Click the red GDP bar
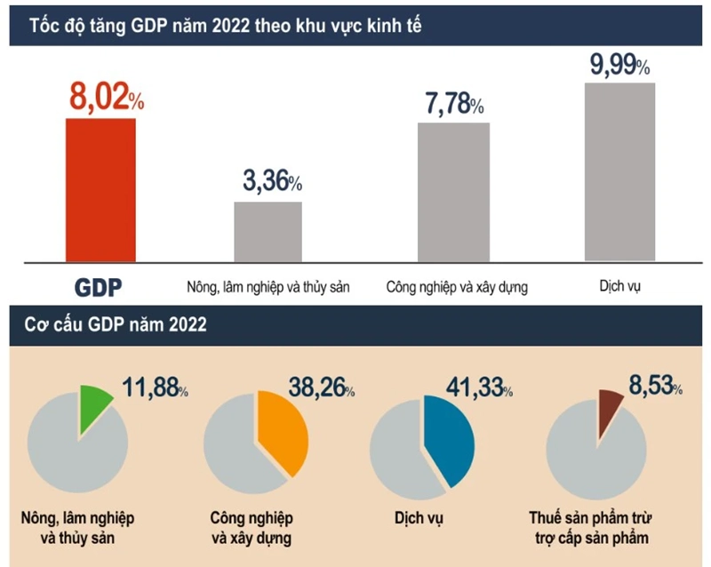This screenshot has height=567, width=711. pos(100,190)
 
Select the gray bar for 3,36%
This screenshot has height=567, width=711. pos(268,232)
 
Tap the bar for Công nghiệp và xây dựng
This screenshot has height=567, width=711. pos(453,192)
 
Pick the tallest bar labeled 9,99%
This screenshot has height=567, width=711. pos(619,172)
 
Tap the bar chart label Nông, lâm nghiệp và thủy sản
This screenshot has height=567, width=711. pos(268,288)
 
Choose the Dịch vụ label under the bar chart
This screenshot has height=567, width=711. pos(620,287)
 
